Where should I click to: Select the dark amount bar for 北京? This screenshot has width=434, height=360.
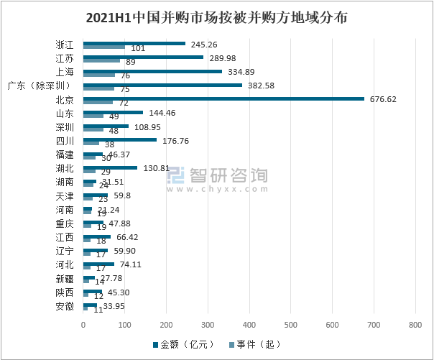[x=223, y=98]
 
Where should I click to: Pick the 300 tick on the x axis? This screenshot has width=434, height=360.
[x=208, y=326]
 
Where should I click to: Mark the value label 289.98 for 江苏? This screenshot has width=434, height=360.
[x=225, y=57]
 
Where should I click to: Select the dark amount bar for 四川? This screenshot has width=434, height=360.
[x=120, y=139]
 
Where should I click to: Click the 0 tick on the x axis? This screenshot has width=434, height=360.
[x=83, y=326]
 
